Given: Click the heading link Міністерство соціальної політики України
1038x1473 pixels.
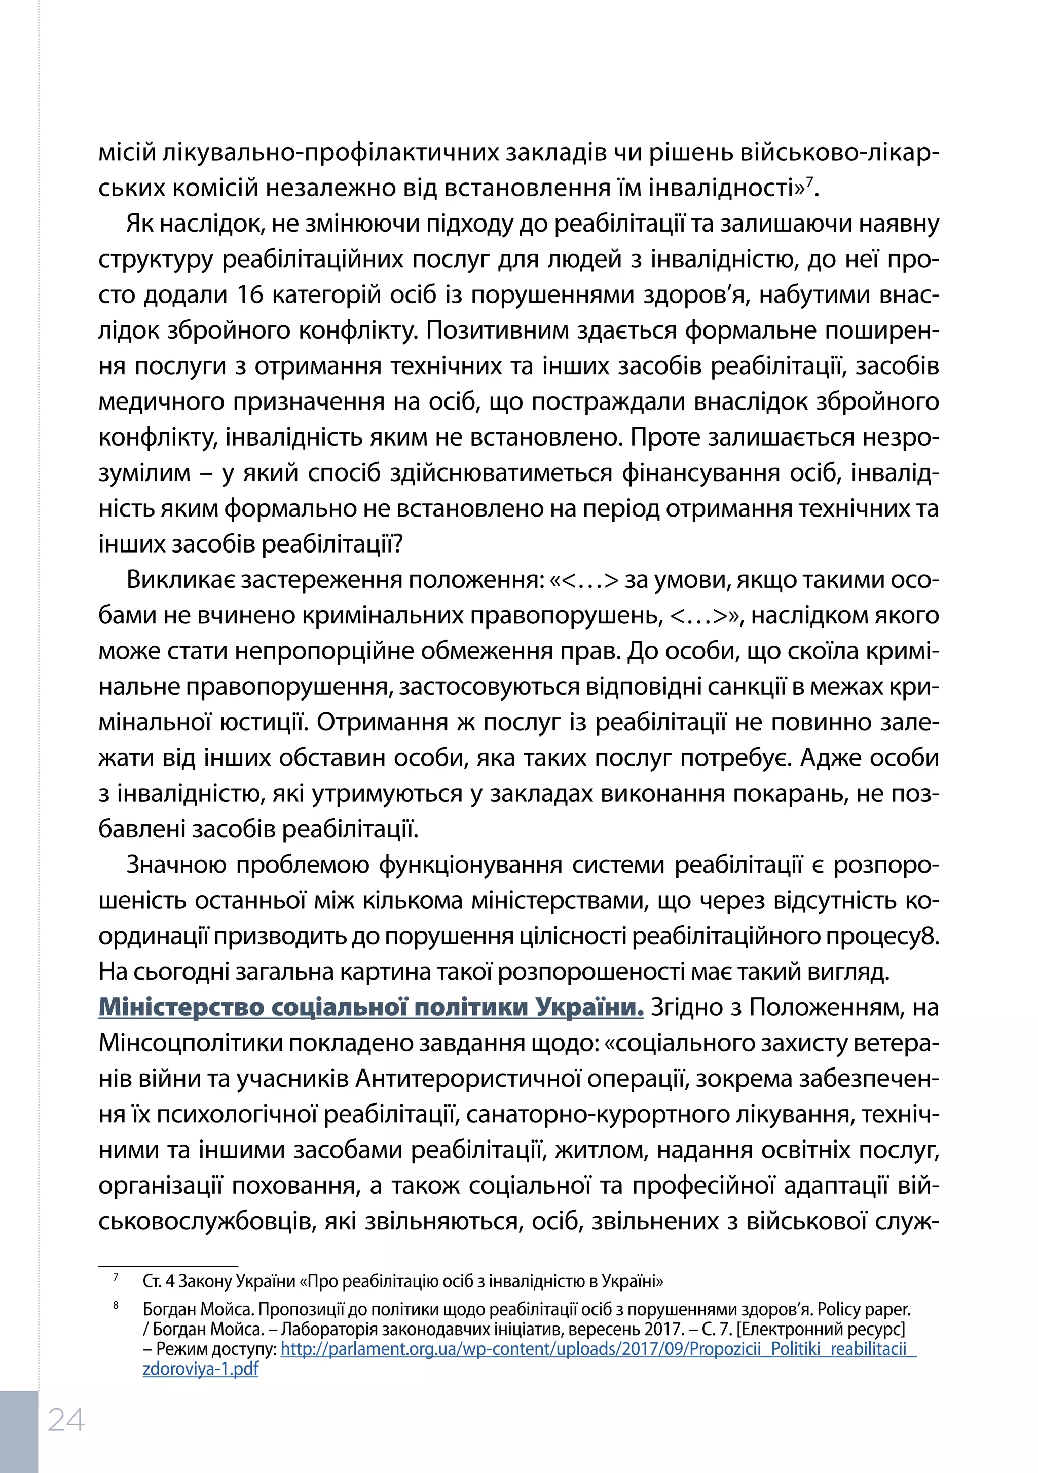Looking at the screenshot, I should click(371, 1007).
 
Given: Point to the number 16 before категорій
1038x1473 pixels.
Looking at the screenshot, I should click(251, 294).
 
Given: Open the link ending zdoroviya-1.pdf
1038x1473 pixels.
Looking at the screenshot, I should click(200, 1369).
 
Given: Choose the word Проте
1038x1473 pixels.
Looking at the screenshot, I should click(665, 437).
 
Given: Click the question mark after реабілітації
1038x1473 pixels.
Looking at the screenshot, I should click(397, 544).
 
